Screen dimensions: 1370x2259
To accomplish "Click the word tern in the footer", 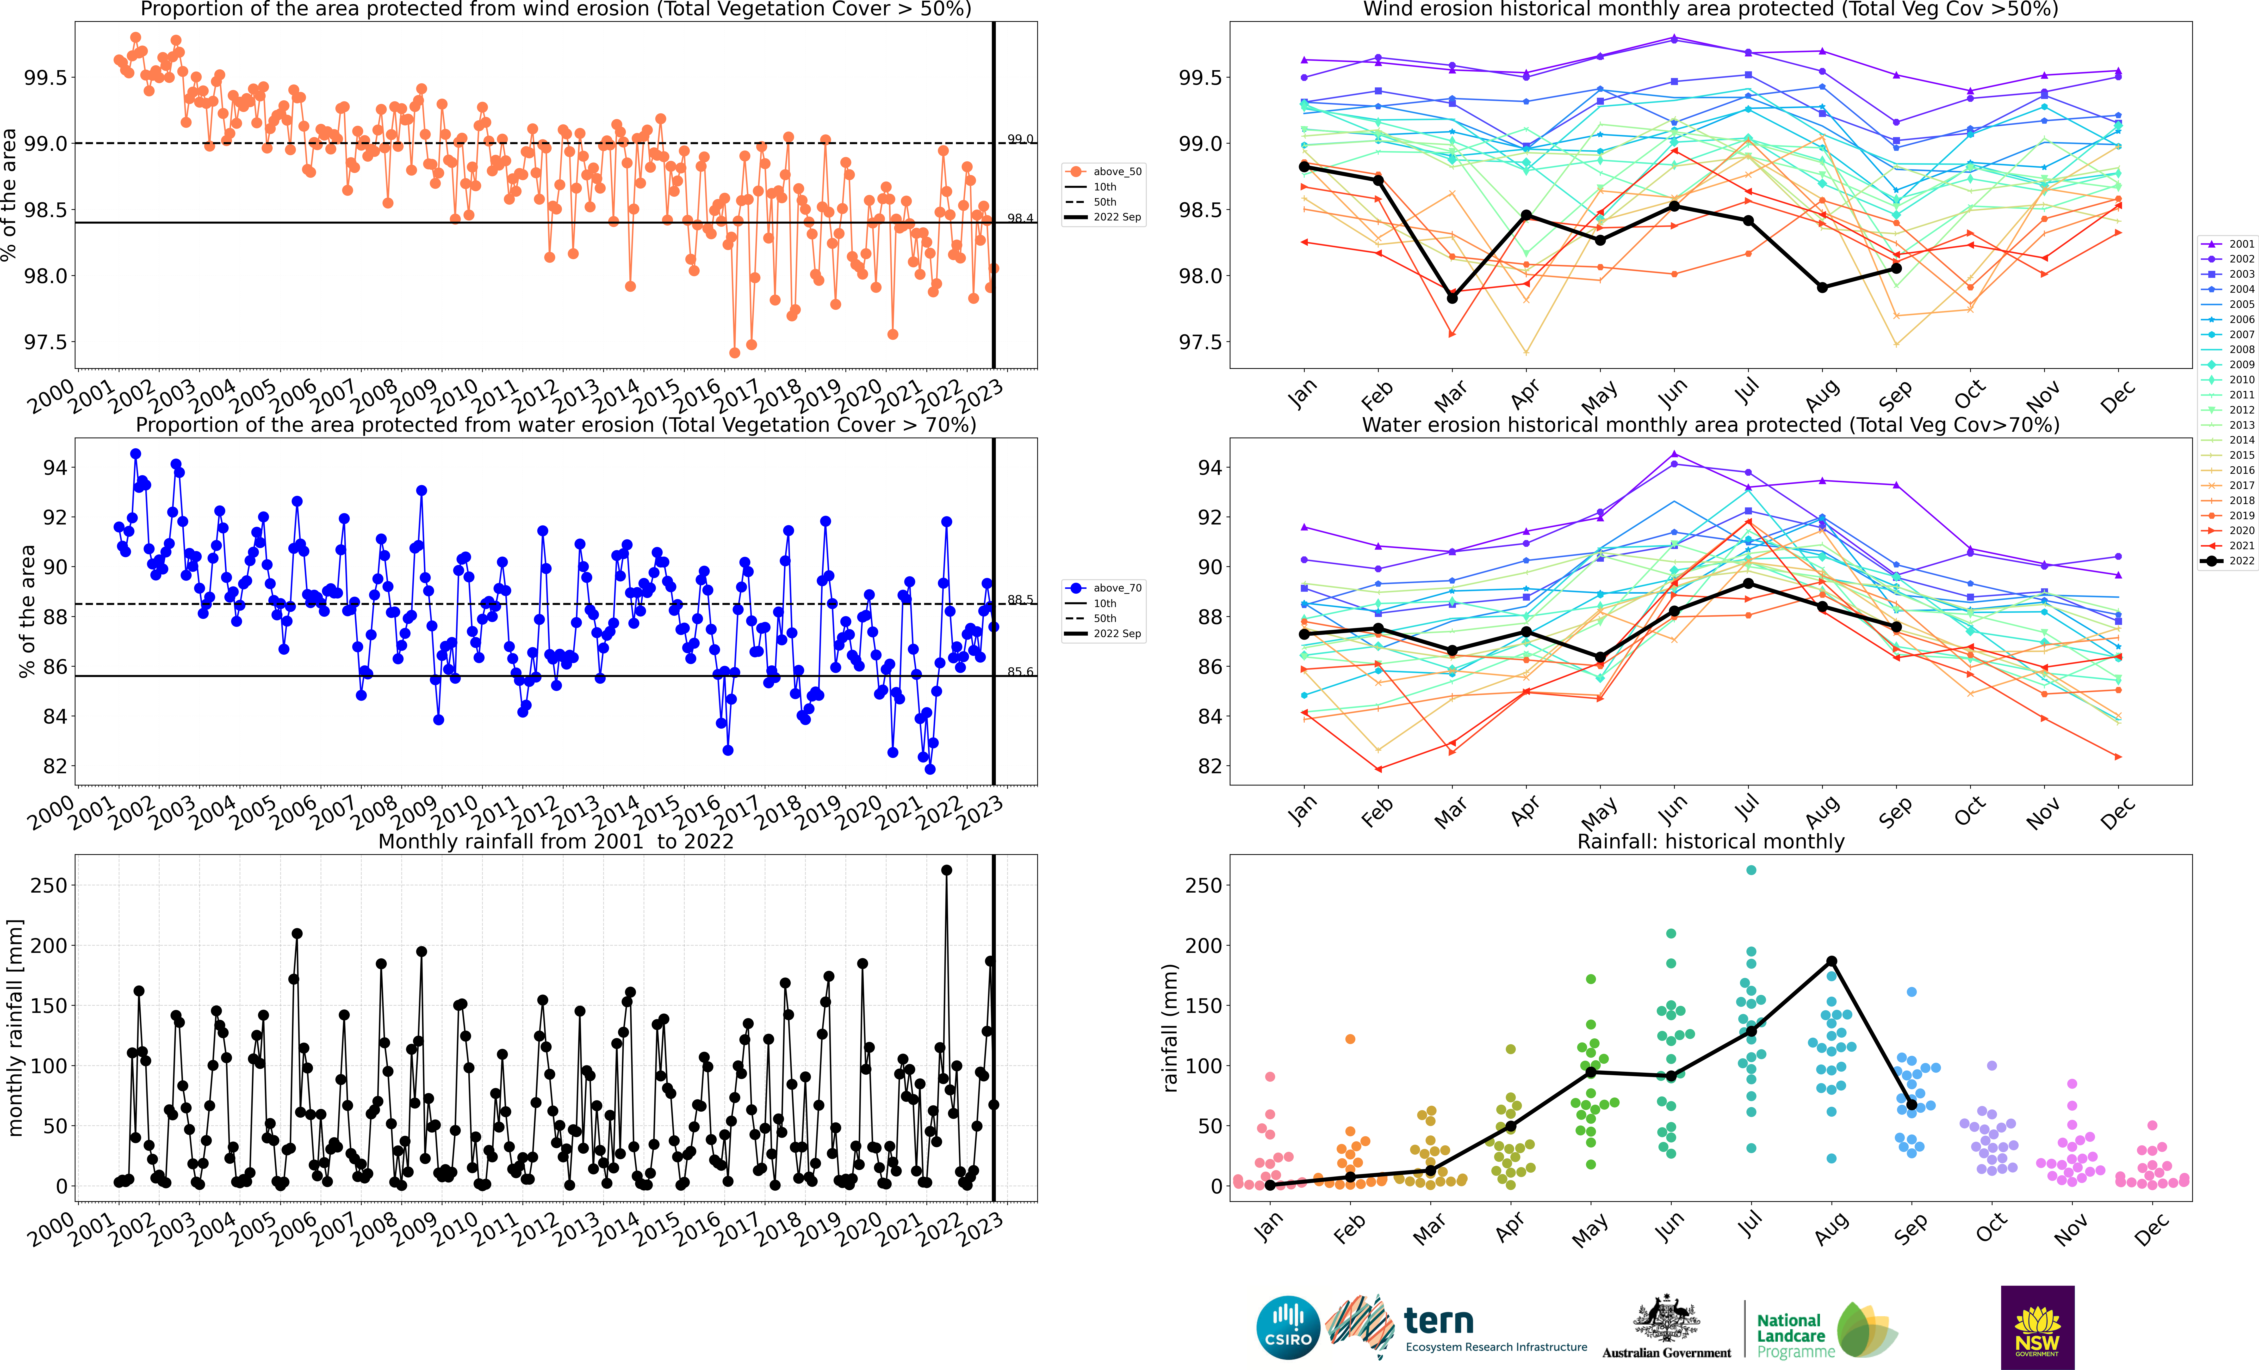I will click(1439, 1321).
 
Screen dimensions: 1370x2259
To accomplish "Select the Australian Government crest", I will click(1666, 1320).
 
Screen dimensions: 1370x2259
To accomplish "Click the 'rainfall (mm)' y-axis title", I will click(1170, 1028).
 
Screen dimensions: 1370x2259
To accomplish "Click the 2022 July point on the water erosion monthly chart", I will click(1748, 584).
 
